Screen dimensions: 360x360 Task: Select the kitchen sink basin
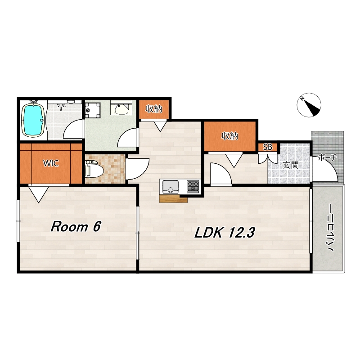click(x=171, y=187)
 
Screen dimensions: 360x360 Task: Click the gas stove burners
click(x=193, y=186)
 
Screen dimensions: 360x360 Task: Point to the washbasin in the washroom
click(x=121, y=108)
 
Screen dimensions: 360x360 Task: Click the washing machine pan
click(x=93, y=110)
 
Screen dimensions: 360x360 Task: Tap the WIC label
click(x=51, y=163)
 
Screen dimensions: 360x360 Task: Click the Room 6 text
click(x=76, y=227)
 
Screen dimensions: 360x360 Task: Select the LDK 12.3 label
click(x=225, y=233)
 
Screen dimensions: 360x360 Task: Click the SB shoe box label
click(x=268, y=147)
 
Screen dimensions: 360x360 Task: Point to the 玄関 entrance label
click(x=290, y=165)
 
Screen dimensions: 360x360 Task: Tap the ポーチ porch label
click(x=327, y=158)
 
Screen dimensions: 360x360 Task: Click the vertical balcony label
click(x=330, y=228)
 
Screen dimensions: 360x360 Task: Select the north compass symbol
click(x=309, y=105)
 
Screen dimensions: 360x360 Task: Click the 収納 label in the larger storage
click(x=229, y=136)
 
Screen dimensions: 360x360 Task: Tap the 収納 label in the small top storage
click(x=154, y=109)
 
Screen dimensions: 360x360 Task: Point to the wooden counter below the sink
click(x=173, y=199)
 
